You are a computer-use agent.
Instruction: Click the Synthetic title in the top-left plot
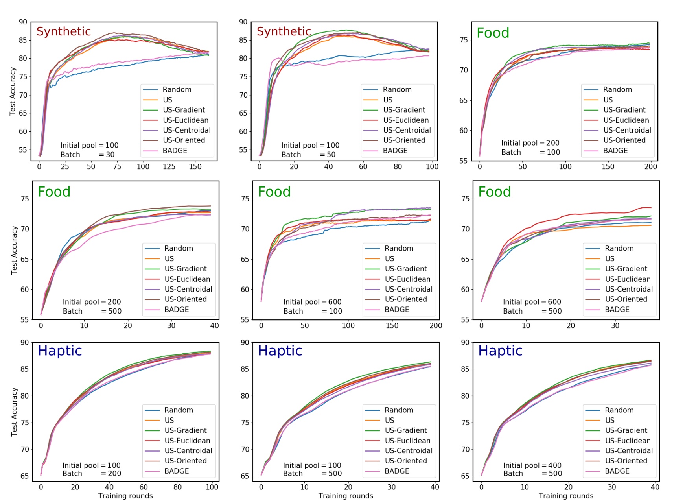click(63, 31)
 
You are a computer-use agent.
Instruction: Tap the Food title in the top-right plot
click(493, 33)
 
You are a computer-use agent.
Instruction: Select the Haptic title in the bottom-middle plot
click(280, 351)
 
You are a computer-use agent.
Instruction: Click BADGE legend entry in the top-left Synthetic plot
click(175, 151)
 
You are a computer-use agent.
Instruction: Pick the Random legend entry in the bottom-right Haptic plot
click(619, 410)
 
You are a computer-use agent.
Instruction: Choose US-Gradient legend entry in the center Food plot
click(405, 269)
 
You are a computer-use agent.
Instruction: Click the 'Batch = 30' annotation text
click(87, 155)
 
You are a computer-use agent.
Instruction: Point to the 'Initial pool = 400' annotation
click(532, 465)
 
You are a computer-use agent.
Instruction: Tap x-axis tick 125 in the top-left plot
click(169, 166)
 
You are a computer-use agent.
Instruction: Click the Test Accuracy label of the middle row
click(14, 250)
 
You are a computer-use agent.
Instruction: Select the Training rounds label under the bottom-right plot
click(566, 496)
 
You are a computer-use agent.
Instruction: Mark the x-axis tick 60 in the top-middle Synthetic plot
click(363, 166)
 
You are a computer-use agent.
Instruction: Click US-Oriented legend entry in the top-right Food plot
click(624, 140)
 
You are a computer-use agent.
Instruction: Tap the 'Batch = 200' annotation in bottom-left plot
click(92, 474)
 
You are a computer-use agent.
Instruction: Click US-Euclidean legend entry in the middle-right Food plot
click(628, 279)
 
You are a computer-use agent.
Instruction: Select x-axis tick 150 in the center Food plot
click(392, 325)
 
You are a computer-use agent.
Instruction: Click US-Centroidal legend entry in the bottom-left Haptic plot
click(188, 451)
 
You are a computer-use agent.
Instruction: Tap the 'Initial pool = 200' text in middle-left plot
click(92, 302)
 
